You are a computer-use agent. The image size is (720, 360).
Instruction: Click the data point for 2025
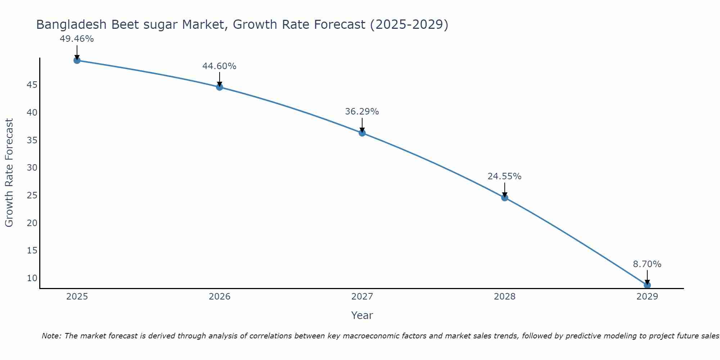[x=77, y=60]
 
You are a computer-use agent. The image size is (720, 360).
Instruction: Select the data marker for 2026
[x=220, y=87]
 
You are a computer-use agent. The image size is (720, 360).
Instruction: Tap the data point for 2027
[x=362, y=133]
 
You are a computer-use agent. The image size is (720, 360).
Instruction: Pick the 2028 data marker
[x=505, y=198]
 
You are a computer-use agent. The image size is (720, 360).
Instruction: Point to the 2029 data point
[x=647, y=285]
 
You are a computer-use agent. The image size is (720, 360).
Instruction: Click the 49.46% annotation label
[x=77, y=39]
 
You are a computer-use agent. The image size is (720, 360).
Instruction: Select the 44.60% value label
[x=219, y=66]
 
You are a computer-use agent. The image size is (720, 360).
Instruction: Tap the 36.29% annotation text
[x=362, y=112]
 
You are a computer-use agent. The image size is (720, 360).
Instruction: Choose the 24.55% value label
[x=504, y=176]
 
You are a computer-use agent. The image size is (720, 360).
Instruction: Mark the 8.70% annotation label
[x=647, y=264]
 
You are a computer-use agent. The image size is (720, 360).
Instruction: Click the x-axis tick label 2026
[x=220, y=297]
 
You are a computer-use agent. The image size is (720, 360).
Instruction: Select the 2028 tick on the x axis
[x=505, y=297]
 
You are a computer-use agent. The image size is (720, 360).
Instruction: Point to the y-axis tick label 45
[x=32, y=85]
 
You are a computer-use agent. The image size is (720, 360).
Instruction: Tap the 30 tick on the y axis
[x=32, y=168]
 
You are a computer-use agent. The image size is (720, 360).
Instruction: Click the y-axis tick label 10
[x=32, y=278]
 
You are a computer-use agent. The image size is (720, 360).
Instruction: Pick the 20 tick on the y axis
[x=32, y=223]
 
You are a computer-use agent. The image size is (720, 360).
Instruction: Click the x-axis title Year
[x=362, y=315]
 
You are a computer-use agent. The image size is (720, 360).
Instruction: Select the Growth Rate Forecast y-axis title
[x=9, y=172]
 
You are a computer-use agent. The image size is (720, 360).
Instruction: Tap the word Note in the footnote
[x=51, y=336]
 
